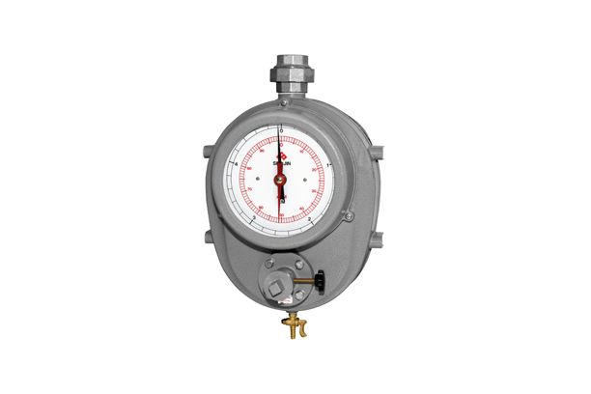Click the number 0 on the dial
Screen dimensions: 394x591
point(280,128)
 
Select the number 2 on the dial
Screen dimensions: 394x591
point(308,221)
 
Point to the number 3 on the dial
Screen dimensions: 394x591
point(253,221)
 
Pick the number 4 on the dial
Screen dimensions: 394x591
point(236,165)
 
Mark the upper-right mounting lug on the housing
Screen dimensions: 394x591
point(378,152)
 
